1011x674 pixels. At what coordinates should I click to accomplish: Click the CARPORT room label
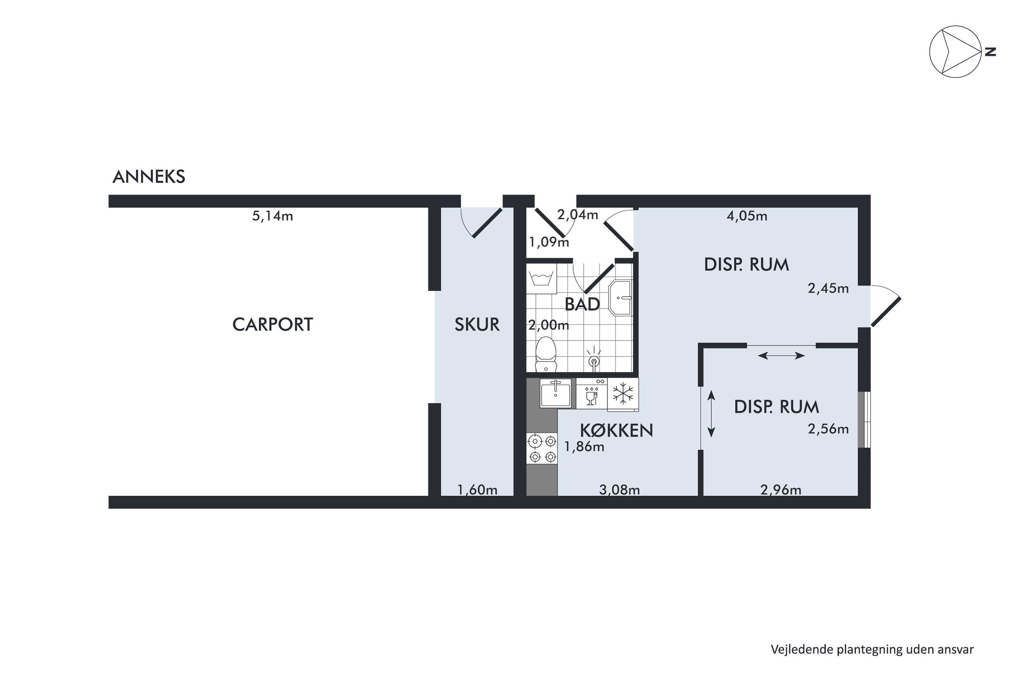pyautogui.click(x=273, y=325)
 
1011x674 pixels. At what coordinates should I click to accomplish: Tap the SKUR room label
pyautogui.click(x=477, y=325)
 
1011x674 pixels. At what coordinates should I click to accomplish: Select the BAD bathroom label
pyautogui.click(x=582, y=304)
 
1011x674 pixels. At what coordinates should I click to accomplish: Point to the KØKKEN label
pyautogui.click(x=616, y=430)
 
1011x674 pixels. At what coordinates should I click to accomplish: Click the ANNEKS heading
pyautogui.click(x=149, y=177)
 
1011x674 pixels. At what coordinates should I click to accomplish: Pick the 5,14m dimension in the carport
pyautogui.click(x=273, y=216)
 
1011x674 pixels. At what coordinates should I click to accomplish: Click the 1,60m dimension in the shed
pyautogui.click(x=477, y=490)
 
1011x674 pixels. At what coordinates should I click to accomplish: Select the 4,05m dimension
pyautogui.click(x=747, y=216)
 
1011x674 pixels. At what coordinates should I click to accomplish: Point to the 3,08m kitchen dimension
pyautogui.click(x=619, y=490)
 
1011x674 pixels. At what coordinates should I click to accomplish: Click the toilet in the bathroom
pyautogui.click(x=546, y=354)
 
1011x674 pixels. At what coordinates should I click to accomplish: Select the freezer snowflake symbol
pyautogui.click(x=623, y=394)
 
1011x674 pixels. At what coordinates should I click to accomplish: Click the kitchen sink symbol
pyautogui.click(x=555, y=393)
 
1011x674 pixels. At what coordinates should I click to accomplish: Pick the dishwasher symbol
pyautogui.click(x=591, y=393)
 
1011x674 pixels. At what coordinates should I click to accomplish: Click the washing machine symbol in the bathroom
pyautogui.click(x=542, y=279)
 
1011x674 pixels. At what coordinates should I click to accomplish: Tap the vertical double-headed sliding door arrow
pyautogui.click(x=711, y=414)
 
